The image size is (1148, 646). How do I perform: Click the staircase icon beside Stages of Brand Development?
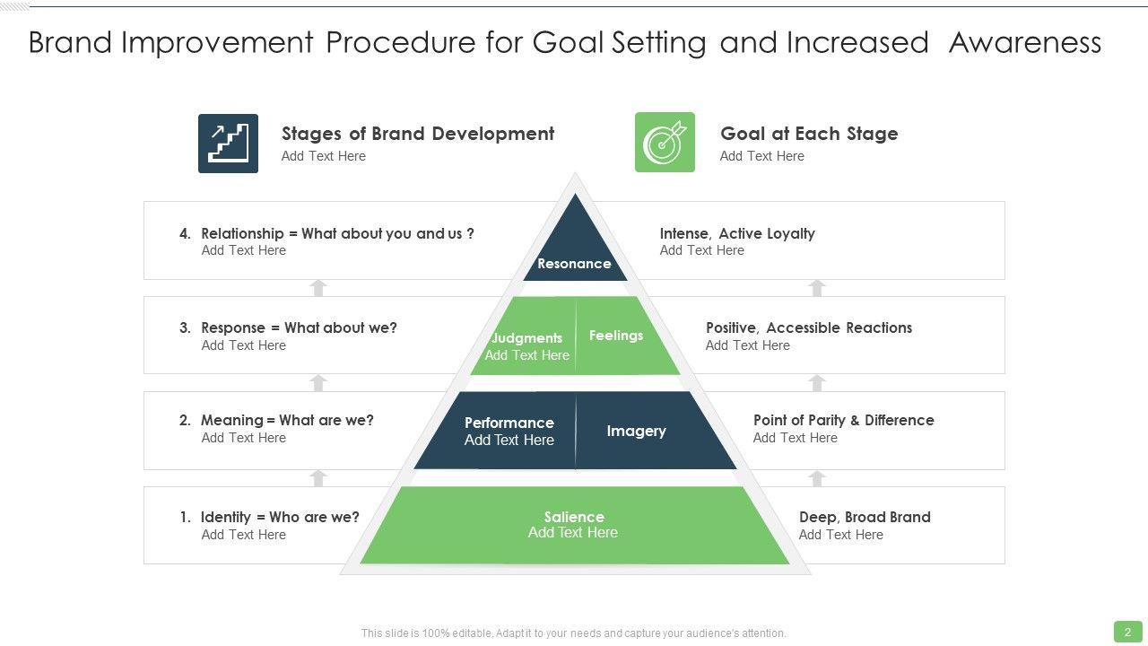click(228, 144)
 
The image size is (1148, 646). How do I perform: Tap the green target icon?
click(665, 142)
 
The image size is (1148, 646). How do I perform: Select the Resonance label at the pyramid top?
click(574, 264)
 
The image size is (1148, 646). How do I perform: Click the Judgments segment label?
click(526, 338)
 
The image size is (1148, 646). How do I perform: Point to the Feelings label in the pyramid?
click(616, 336)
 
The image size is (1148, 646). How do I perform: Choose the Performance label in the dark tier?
click(509, 423)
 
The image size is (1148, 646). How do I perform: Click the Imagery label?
click(636, 431)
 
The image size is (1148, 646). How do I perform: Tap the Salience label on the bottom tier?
click(574, 517)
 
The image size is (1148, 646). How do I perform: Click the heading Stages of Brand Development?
click(418, 134)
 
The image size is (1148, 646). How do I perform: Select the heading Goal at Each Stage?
click(809, 134)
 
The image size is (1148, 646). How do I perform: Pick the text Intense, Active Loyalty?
click(737, 233)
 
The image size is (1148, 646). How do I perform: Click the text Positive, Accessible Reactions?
click(809, 328)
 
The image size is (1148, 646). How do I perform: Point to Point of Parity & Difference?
click(843, 420)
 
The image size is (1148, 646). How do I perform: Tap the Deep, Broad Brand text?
click(865, 517)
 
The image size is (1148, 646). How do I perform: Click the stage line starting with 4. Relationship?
click(327, 233)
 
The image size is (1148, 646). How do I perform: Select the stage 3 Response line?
click(289, 328)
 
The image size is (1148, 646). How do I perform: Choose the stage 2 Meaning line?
click(277, 420)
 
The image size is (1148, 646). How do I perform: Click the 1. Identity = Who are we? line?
click(270, 517)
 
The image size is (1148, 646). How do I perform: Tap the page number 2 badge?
click(1127, 632)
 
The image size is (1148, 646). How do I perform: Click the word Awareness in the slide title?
click(1024, 42)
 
